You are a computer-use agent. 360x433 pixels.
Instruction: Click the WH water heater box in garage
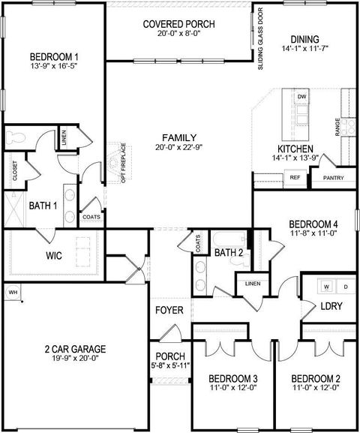(13, 292)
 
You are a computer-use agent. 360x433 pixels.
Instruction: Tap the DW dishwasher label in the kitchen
(301, 98)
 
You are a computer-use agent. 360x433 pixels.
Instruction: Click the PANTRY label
(333, 178)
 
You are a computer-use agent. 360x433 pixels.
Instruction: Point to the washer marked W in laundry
(327, 287)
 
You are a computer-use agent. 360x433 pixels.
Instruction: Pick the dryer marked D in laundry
(345, 287)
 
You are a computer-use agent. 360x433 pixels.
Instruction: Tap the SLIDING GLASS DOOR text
(260, 39)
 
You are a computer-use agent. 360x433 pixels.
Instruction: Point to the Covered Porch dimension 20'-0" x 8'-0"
(178, 35)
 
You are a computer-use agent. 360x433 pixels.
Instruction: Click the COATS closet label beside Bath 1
(91, 218)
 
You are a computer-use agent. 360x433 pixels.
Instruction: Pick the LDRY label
(331, 308)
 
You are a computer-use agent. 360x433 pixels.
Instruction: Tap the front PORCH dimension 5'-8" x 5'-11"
(170, 367)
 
